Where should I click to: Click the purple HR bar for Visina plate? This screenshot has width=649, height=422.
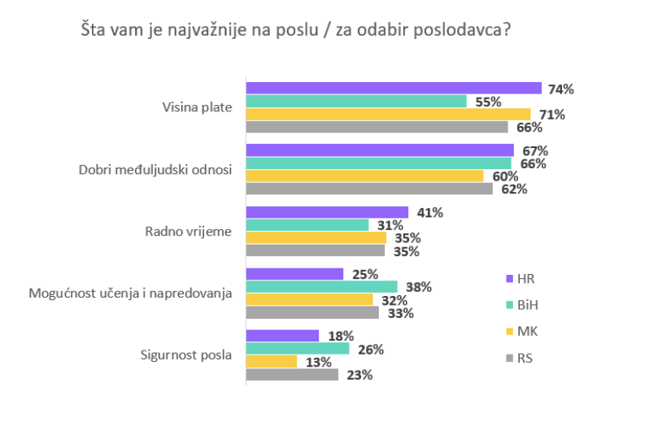click(394, 89)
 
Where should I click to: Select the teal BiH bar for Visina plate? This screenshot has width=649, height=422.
click(356, 102)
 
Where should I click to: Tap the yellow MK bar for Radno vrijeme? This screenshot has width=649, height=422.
click(316, 238)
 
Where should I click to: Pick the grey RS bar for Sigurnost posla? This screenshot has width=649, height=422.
click(292, 375)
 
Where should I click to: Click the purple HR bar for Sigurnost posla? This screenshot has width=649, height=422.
click(282, 336)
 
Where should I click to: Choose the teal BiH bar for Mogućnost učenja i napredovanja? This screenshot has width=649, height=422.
click(321, 287)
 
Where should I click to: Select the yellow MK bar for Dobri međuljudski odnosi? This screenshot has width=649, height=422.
click(364, 176)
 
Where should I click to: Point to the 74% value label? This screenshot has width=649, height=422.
click(561, 89)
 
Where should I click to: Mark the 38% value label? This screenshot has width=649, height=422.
click(417, 287)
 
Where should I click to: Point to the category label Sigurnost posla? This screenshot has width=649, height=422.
click(186, 355)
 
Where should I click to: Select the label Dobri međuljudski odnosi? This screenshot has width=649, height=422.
click(155, 170)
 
